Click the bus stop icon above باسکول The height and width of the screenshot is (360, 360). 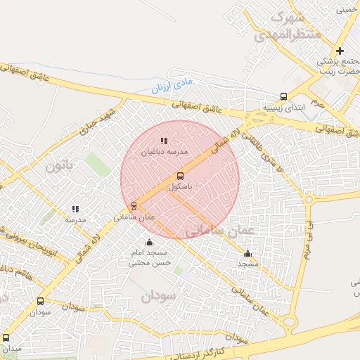(x=180, y=176)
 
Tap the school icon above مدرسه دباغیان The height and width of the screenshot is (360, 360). (x=165, y=141)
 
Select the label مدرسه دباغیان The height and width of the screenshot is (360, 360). (x=165, y=152)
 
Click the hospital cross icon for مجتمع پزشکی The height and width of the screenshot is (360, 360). (x=340, y=51)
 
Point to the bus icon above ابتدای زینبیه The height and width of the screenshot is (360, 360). (x=283, y=97)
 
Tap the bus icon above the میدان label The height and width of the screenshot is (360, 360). (x=7, y=337)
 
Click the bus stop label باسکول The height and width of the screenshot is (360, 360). (x=181, y=188)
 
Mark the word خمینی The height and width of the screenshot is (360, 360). (x=345, y=10)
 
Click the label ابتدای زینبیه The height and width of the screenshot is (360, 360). (x=280, y=108)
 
